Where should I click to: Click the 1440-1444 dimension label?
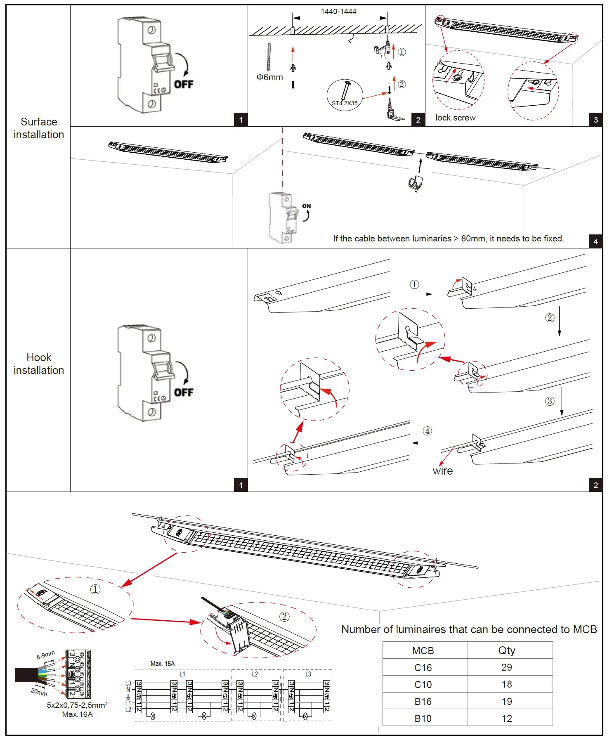tap(338, 12)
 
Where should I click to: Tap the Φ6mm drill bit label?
tap(269, 77)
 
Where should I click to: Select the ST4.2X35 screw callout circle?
tap(345, 96)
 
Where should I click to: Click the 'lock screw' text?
tap(455, 118)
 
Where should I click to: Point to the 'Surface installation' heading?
tap(39, 128)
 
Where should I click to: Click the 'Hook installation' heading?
tap(39, 364)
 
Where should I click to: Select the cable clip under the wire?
tap(415, 183)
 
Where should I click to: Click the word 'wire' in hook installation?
tap(442, 471)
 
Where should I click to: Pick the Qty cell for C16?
tap(506, 667)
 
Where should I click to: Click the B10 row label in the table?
tap(423, 719)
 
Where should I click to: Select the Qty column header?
tap(506, 650)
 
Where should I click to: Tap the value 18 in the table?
tap(506, 684)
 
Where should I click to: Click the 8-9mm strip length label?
tap(45, 655)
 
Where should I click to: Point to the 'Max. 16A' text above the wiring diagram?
tap(163, 664)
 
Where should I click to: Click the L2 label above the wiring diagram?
tap(255, 674)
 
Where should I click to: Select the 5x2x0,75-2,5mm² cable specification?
tap(77, 705)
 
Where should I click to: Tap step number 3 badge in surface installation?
tap(595, 120)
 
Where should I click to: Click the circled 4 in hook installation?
tap(428, 431)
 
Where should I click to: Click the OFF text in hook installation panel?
tap(184, 392)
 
